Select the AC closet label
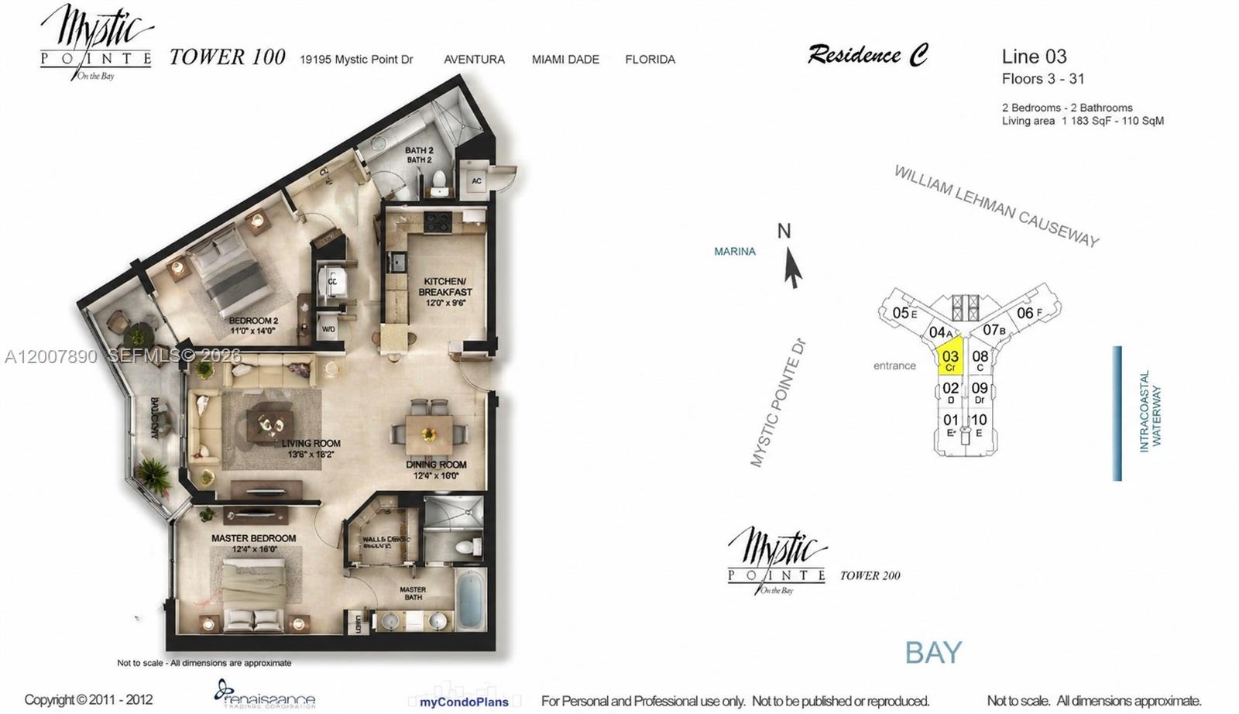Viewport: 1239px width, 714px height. [x=476, y=181]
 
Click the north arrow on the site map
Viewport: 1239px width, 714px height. [x=791, y=268]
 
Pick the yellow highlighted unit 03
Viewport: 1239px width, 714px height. [x=950, y=359]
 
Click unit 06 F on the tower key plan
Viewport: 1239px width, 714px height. [x=1028, y=313]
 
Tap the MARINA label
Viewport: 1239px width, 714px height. [x=734, y=252]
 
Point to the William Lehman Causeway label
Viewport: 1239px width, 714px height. [x=997, y=206]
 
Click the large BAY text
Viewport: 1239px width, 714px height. [x=933, y=653]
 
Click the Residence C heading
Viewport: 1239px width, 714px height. [x=867, y=55]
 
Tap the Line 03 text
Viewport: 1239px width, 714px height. [x=1034, y=57]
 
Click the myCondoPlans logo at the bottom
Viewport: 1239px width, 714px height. [x=464, y=702]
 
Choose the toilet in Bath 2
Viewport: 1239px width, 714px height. [x=439, y=182]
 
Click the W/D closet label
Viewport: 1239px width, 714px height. [x=328, y=329]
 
